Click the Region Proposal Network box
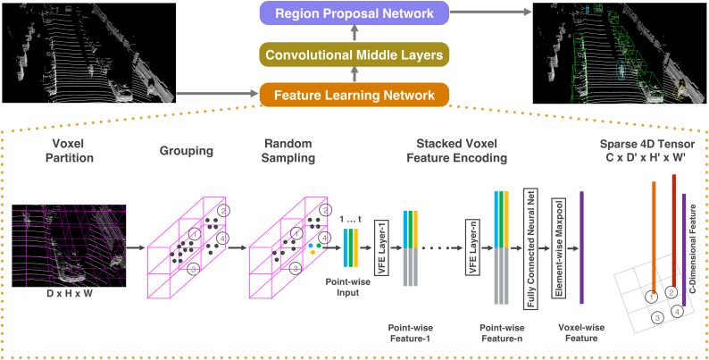pos(355,14)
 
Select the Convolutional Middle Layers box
pos(355,55)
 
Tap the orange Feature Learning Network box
pos(355,94)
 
